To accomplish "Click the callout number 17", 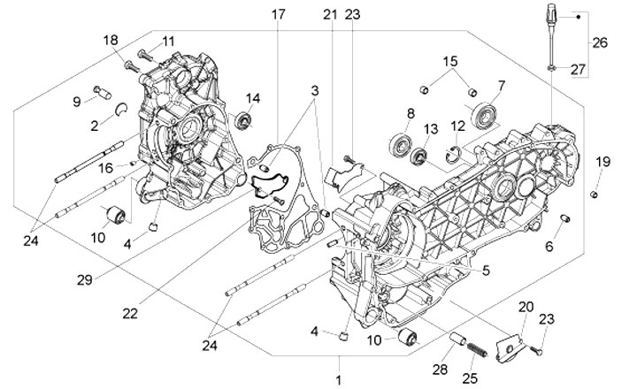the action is pos(279,15).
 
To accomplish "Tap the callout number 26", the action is pos(600,42).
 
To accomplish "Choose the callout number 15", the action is pos(451,63).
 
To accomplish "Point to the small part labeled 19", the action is pos(595,192).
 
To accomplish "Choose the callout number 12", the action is pos(458,126).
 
